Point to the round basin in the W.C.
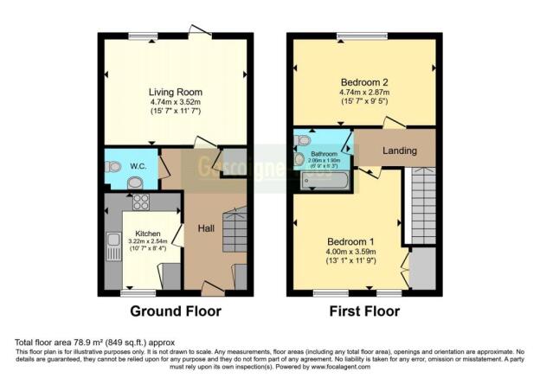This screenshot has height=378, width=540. tap(135, 182)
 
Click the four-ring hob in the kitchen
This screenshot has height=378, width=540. tap(141, 202)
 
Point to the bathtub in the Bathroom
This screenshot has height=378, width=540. tap(325, 181)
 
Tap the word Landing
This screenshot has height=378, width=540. tap(400, 151)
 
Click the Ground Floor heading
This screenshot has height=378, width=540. tap(176, 311)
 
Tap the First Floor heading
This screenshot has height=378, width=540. tap(363, 311)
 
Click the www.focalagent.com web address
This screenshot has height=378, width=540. tap(392, 367)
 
